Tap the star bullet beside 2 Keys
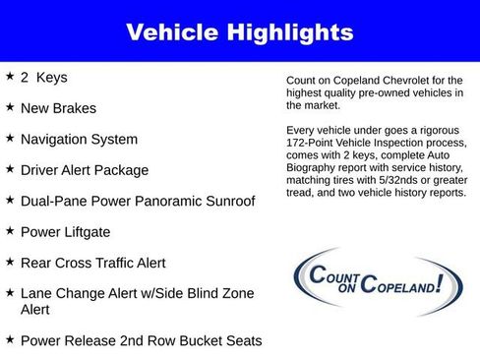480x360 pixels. coord(9,76)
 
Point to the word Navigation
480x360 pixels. coord(61,139)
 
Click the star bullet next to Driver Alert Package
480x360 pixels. coord(9,169)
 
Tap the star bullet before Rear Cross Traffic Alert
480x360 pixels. coord(9,263)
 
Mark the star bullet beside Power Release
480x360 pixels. coord(9,340)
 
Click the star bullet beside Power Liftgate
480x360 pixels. coord(9,231)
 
